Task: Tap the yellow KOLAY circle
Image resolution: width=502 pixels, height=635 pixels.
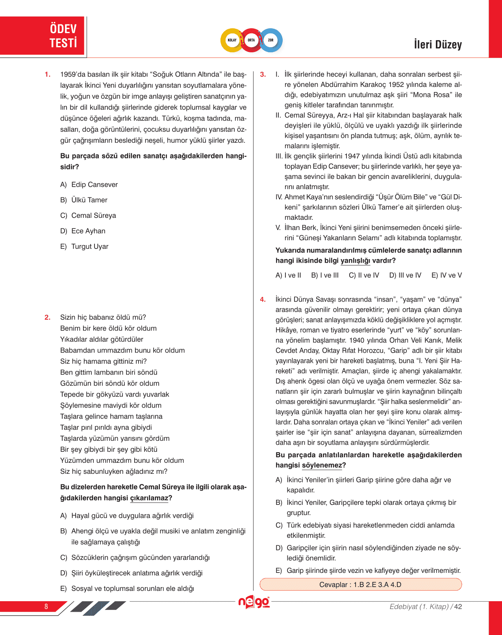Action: [232, 40]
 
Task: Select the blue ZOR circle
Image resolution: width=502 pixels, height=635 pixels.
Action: [271, 40]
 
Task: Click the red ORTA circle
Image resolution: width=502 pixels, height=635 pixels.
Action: [251, 40]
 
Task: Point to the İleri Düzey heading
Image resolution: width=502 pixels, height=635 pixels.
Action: [437, 44]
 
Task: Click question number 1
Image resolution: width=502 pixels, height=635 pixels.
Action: [48, 74]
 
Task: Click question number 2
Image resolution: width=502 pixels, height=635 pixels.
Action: [48, 317]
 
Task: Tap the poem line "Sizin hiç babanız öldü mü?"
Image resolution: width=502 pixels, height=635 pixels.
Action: [103, 317]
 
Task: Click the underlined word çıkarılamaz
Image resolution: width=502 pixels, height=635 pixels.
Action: [149, 498]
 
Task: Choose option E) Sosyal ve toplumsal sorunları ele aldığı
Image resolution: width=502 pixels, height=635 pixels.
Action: [127, 589]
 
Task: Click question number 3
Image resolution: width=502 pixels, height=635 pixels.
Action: [263, 74]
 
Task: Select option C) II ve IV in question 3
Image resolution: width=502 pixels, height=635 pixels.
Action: [364, 275]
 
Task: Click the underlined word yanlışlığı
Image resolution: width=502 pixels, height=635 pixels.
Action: [355, 261]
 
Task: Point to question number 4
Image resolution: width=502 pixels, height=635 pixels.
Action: [263, 300]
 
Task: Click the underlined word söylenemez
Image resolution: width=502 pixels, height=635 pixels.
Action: [322, 465]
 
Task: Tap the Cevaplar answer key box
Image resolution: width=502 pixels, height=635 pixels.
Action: [360, 585]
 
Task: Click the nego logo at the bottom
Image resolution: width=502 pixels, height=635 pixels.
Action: [254, 602]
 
